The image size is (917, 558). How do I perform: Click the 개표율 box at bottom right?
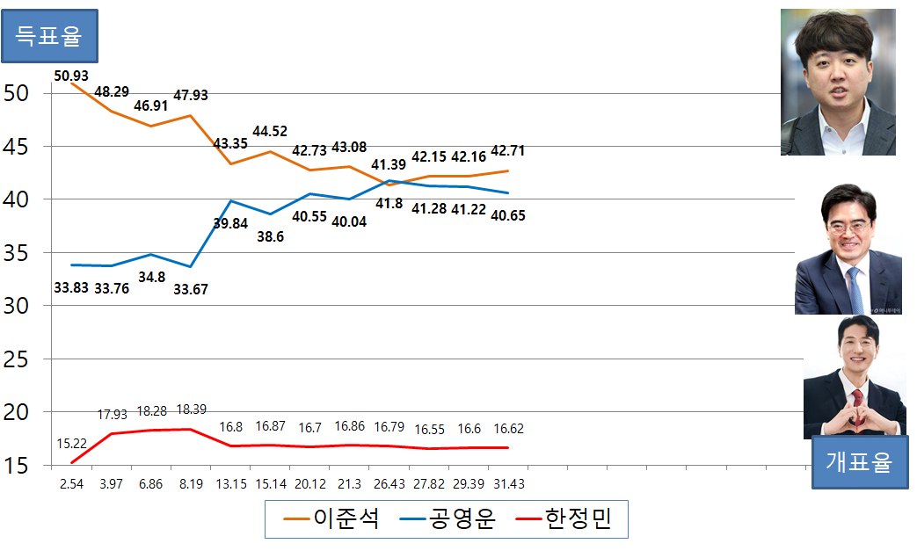pyautogui.click(x=858, y=461)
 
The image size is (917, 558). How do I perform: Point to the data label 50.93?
pyautogui.click(x=71, y=76)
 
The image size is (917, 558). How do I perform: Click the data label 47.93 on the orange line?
pyautogui.click(x=191, y=95)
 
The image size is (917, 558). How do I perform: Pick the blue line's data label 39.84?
pyautogui.click(x=230, y=223)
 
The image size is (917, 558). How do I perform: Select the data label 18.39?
pyautogui.click(x=191, y=410)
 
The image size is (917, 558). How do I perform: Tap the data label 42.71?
pyautogui.click(x=506, y=150)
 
